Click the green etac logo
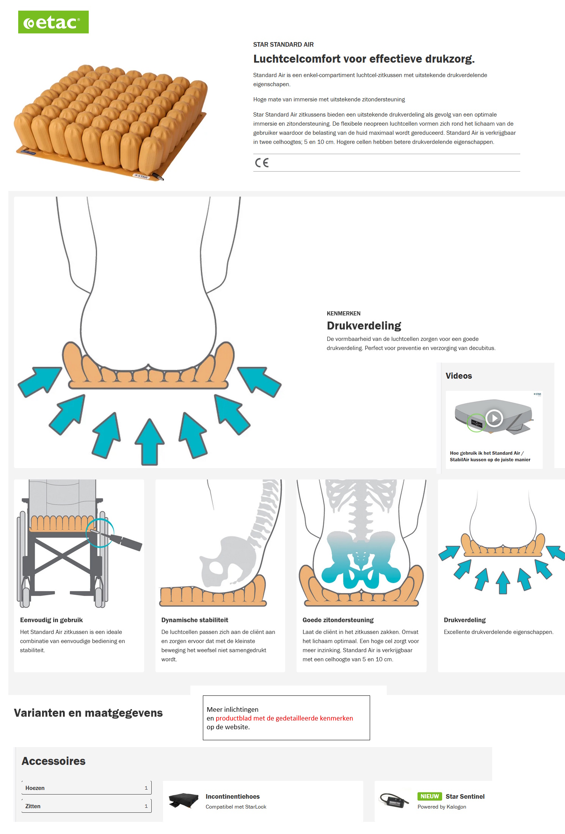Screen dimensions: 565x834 click(x=53, y=22)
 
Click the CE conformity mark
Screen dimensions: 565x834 click(x=262, y=163)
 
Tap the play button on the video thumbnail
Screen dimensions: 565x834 click(x=494, y=418)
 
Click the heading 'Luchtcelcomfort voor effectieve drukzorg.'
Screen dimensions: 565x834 click(x=364, y=59)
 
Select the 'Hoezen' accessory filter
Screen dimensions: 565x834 click(x=86, y=788)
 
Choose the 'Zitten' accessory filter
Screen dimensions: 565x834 click(x=86, y=806)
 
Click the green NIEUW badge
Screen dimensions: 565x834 click(x=430, y=796)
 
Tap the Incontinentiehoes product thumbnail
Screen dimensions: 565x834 click(x=184, y=801)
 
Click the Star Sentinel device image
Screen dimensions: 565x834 click(x=394, y=801)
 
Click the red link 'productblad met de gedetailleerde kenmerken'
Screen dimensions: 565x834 click(x=284, y=718)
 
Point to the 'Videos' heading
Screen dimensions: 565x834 click(x=459, y=376)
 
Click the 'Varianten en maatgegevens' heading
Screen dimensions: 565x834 click(x=88, y=713)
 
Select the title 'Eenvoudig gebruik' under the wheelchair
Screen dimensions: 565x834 click(x=51, y=620)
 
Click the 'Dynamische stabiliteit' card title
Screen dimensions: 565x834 click(x=195, y=620)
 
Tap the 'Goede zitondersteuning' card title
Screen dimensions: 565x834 click(x=338, y=620)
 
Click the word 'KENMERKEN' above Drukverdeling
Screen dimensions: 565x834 click(x=344, y=314)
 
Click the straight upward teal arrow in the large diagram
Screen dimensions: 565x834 click(x=150, y=442)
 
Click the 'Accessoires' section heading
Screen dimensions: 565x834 click(x=53, y=761)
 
